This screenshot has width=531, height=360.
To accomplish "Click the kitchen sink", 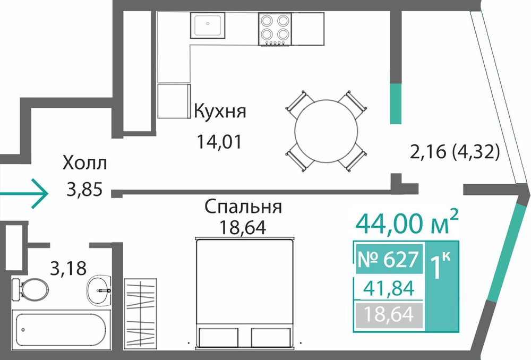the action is click(x=207, y=25).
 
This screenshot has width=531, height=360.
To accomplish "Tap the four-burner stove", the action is click(x=275, y=29).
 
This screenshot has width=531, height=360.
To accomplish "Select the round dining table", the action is click(x=326, y=131).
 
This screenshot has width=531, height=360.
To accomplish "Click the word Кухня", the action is click(x=220, y=111).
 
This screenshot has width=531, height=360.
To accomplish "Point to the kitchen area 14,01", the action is click(x=219, y=142).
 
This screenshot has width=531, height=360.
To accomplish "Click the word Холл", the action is click(x=84, y=163).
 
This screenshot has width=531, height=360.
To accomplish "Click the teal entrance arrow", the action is click(x=24, y=194).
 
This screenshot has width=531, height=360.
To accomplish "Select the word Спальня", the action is click(x=243, y=207).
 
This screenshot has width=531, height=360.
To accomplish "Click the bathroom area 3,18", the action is click(x=68, y=268).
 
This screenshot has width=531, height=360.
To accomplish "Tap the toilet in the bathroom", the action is click(x=30, y=289).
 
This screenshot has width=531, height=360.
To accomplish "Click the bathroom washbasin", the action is click(x=99, y=290).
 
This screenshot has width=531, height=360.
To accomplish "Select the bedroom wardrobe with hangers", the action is click(x=140, y=315).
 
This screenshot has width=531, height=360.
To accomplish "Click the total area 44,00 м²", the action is click(x=407, y=222).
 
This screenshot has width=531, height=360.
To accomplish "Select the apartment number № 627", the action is click(x=389, y=259).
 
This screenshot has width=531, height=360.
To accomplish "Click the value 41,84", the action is click(x=389, y=288).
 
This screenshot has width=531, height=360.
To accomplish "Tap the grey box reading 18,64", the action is click(x=389, y=315).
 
